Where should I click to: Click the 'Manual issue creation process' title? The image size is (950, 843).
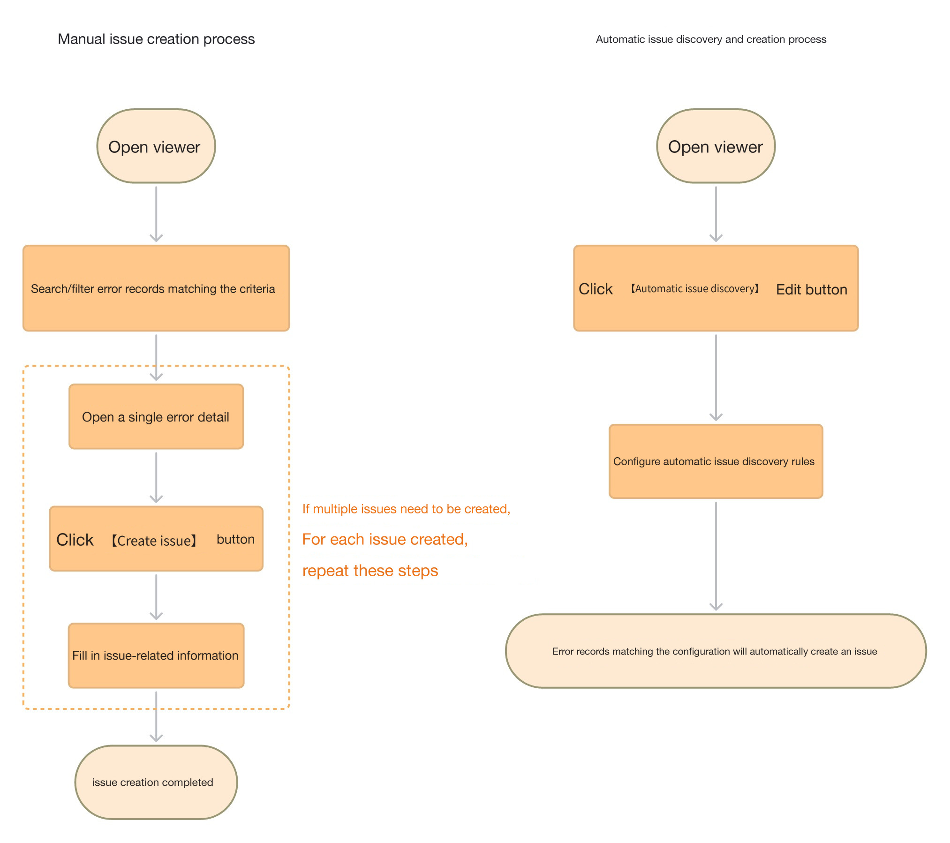coord(156,39)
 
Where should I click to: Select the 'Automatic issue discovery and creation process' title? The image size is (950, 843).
coord(711,39)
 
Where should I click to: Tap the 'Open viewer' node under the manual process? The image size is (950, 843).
coord(156,146)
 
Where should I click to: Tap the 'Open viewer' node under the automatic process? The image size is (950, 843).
coord(716,146)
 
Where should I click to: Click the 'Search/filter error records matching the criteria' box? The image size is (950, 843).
coord(156,288)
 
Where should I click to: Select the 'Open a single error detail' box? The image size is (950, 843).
coord(156,417)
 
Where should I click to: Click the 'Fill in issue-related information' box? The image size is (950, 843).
coord(156,655)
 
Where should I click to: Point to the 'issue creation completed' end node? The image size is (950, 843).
coord(156,782)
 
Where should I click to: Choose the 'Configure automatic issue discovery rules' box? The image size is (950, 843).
coord(716,461)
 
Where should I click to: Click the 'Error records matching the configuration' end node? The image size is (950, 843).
coord(716,651)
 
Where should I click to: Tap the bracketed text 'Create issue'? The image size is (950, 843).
coord(154,541)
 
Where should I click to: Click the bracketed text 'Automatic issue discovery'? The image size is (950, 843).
coord(695,289)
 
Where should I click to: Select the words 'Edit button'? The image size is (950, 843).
coord(812,289)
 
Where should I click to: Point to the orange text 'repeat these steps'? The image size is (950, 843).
coord(370,571)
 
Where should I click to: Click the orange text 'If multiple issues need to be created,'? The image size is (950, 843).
coord(406,509)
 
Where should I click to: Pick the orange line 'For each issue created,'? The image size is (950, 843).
coord(385,539)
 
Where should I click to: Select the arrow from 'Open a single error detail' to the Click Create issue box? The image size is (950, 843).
coord(156,477)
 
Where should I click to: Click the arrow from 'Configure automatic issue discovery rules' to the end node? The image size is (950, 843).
coord(716,556)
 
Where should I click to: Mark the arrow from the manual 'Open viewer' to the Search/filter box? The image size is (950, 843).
coord(156,214)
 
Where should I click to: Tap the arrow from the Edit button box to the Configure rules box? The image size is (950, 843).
coord(716,377)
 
